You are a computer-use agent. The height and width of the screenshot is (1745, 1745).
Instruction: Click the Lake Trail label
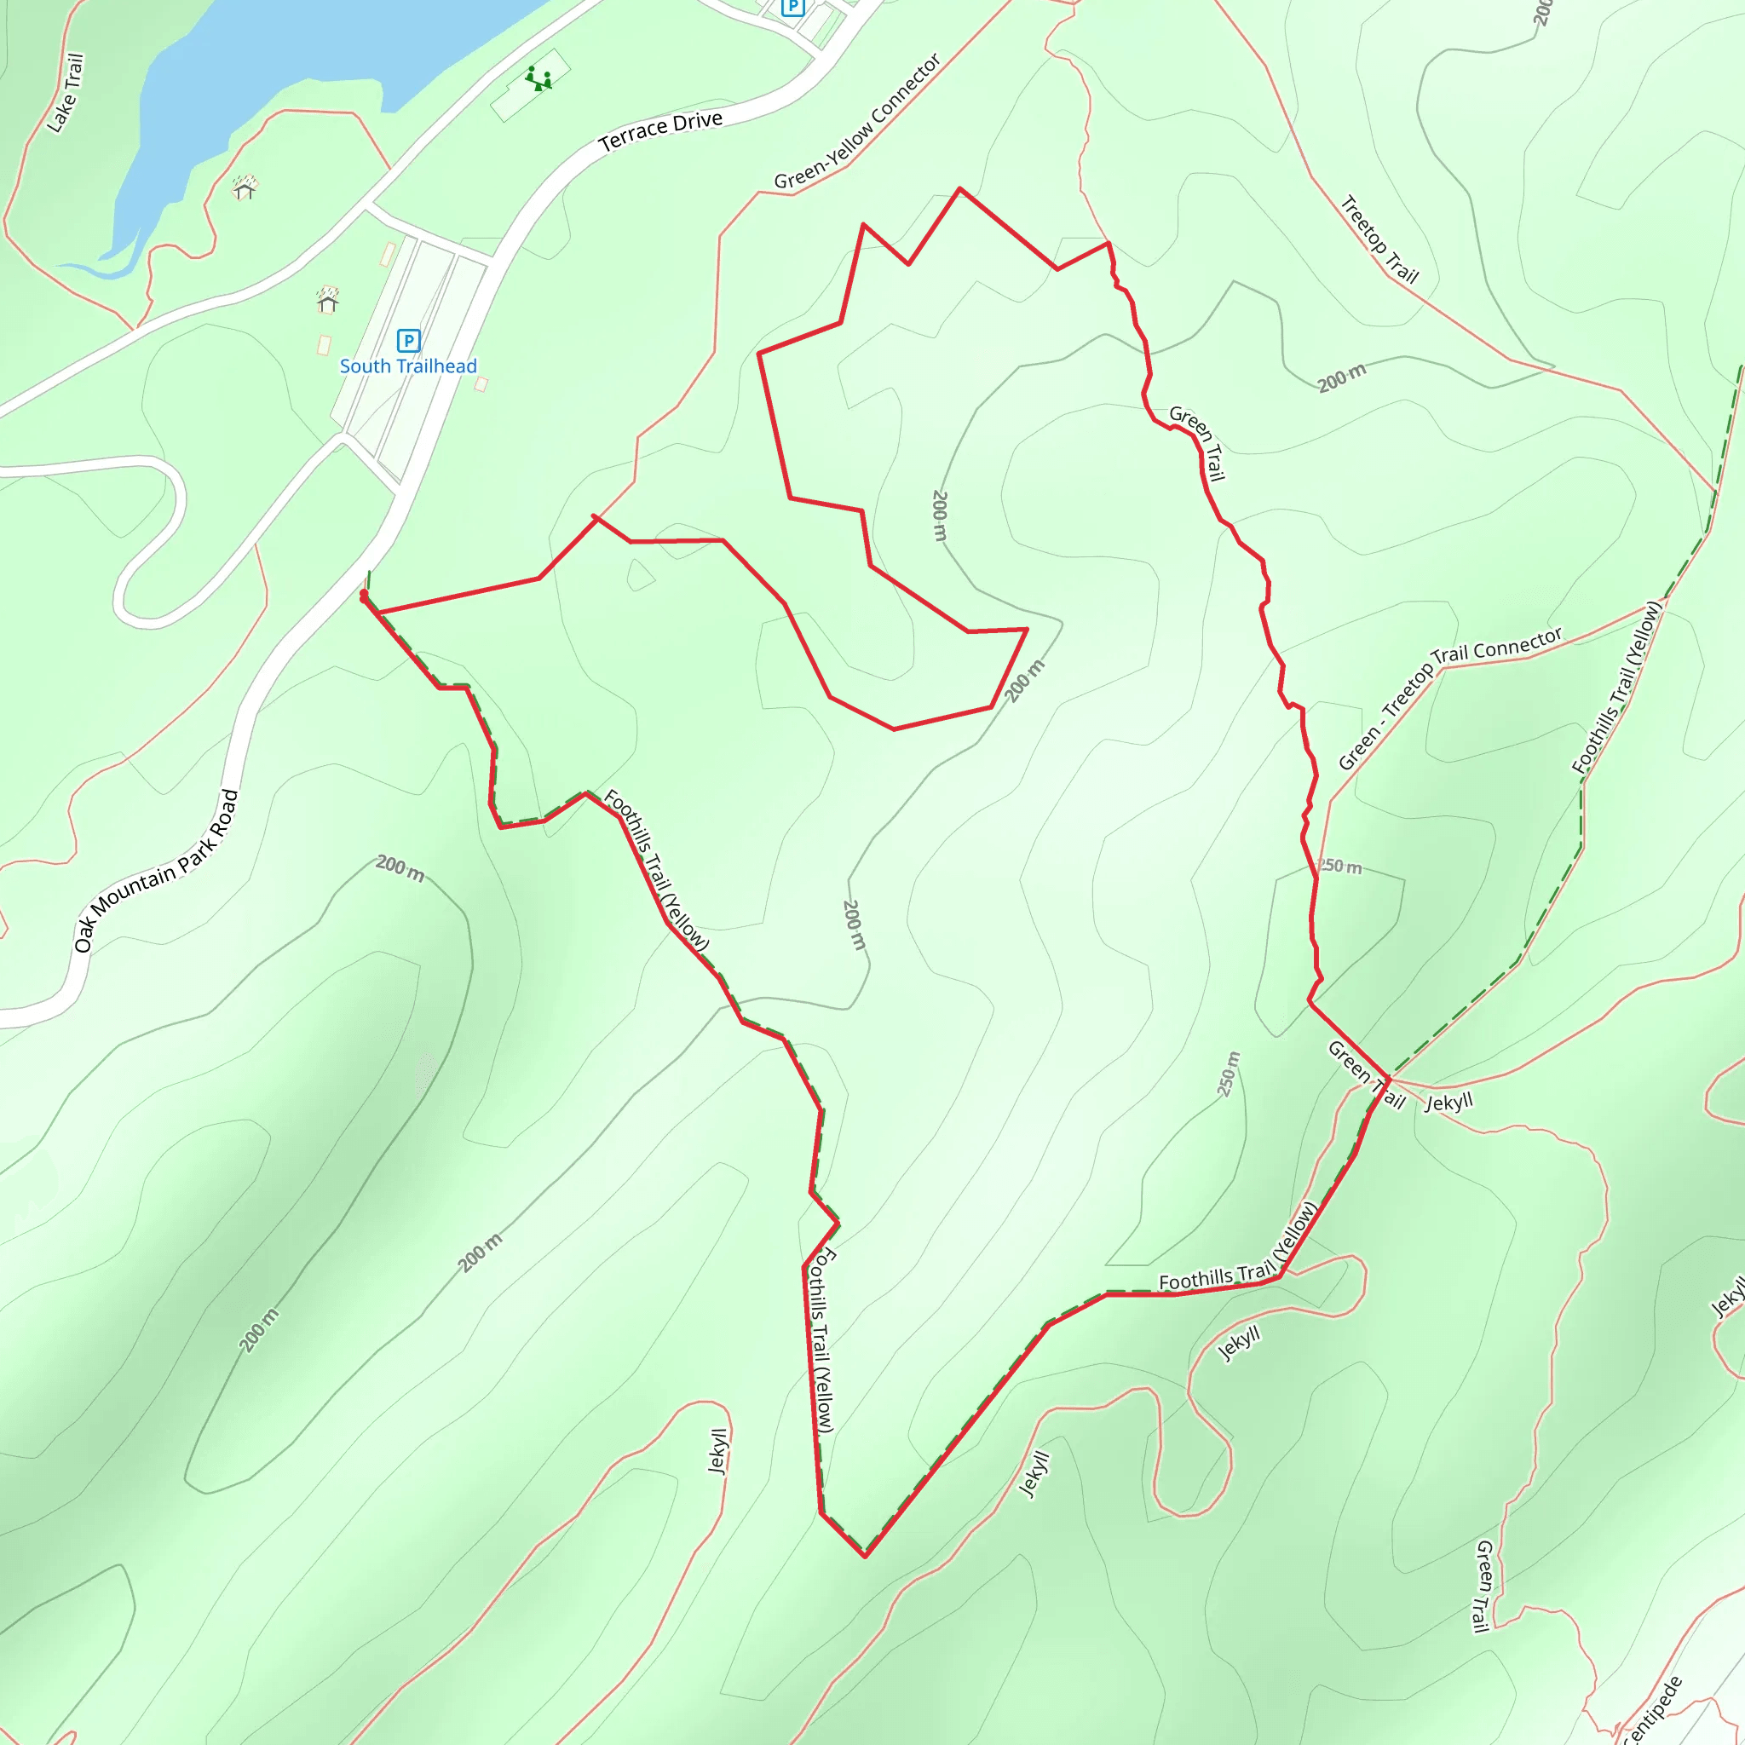tap(65, 93)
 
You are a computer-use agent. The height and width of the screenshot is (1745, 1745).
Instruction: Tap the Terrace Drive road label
tap(660, 131)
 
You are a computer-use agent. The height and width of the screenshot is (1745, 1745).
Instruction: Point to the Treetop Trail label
tap(1379, 239)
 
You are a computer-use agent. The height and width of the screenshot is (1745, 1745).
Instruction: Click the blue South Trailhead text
tap(407, 366)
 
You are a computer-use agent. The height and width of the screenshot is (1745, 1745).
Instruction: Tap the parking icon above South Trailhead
tap(408, 341)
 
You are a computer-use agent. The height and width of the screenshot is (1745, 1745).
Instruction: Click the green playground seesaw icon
tap(539, 78)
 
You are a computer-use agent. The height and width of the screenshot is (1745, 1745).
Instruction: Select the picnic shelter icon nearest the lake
tap(245, 187)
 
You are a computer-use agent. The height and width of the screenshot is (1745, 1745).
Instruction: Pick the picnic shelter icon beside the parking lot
tap(327, 299)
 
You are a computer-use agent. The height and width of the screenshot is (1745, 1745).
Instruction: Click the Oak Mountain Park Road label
tap(155, 871)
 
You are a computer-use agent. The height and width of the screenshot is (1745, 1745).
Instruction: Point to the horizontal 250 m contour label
tap(1339, 867)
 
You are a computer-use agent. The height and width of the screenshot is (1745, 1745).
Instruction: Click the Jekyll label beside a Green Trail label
tap(1448, 1103)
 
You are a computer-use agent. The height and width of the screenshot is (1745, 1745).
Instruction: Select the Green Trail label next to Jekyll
tap(1366, 1074)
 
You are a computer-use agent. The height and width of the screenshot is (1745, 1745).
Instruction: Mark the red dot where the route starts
tap(363, 595)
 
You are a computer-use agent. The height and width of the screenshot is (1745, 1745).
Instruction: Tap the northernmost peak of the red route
tap(959, 189)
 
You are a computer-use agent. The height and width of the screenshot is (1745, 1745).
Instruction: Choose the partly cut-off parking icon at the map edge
tap(792, 7)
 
